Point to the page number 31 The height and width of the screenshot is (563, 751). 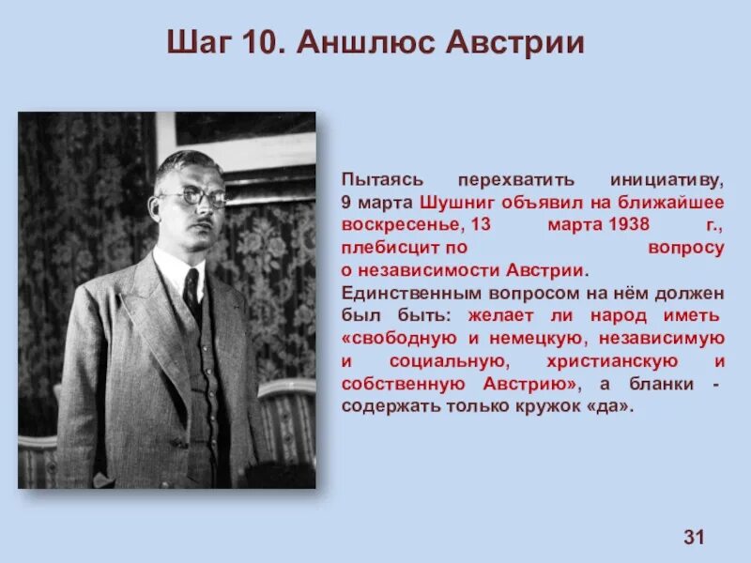tap(694, 537)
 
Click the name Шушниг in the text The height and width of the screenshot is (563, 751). tap(455, 202)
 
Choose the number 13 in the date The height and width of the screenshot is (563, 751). tap(481, 225)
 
